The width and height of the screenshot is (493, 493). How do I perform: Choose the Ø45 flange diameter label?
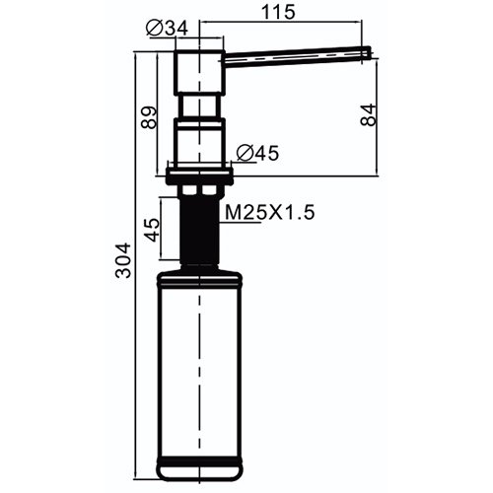point(257,153)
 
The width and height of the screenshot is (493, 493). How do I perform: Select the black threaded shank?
point(201,227)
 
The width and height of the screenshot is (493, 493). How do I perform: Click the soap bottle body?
point(201,365)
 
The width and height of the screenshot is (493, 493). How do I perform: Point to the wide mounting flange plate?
point(201,175)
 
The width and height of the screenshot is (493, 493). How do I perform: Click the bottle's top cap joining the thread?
point(201,269)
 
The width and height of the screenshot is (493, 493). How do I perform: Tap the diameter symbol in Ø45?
point(244,153)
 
